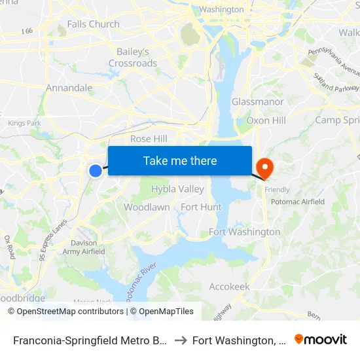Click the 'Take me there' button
[180, 160]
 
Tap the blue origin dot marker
[96, 170]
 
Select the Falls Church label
[94, 24]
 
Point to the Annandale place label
[69, 88]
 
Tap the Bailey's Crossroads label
[133, 58]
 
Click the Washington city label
[221, 10]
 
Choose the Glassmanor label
[258, 102]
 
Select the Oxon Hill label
[266, 120]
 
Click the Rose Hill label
[149, 139]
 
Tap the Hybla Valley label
[177, 189]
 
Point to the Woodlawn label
[147, 207]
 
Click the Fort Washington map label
[244, 232]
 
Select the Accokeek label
[229, 287]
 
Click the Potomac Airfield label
[298, 202]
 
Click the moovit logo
[321, 340]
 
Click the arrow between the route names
[179, 340]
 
